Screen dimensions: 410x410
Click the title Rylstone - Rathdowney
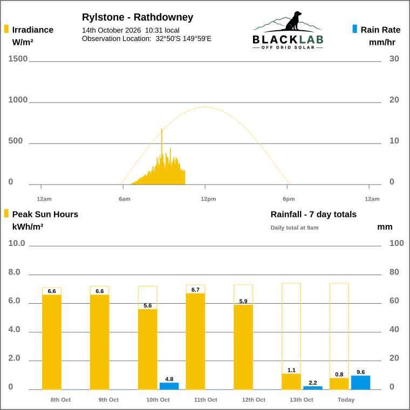pyautogui.click(x=138, y=17)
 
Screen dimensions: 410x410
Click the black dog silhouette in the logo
pyautogui.click(x=293, y=21)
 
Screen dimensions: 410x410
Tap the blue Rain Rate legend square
pyautogui.click(x=354, y=29)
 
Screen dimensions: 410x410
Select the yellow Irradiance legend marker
pyautogui.click(x=6, y=29)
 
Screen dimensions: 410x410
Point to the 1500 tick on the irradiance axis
pyautogui.click(x=18, y=59)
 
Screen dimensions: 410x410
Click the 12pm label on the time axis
pyautogui.click(x=208, y=199)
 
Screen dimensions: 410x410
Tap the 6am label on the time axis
pyautogui.click(x=125, y=199)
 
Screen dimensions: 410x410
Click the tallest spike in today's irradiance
pyautogui.click(x=162, y=129)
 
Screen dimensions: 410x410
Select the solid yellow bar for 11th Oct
pyautogui.click(x=195, y=341)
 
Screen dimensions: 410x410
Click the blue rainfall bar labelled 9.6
pyautogui.click(x=360, y=382)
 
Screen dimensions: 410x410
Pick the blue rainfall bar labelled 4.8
pyautogui.click(x=169, y=386)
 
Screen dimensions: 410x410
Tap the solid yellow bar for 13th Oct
pyautogui.click(x=291, y=382)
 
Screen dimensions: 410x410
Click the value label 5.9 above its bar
pyautogui.click(x=243, y=301)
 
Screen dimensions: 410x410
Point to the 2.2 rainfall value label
pyautogui.click(x=313, y=383)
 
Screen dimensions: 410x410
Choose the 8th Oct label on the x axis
pyautogui.click(x=60, y=400)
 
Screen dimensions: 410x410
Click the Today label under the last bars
pyautogui.click(x=346, y=400)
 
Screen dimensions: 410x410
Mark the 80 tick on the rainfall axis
pyautogui.click(x=394, y=272)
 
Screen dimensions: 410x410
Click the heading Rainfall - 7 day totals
pyautogui.click(x=313, y=214)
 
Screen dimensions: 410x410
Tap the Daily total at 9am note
pyautogui.click(x=295, y=228)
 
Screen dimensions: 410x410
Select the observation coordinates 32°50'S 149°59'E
pyautogui.click(x=183, y=39)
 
